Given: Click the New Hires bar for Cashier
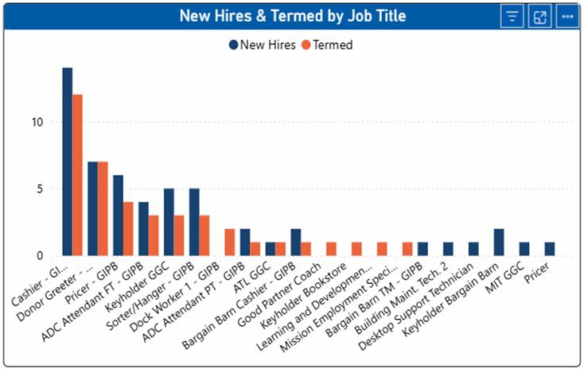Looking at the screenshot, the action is click(x=68, y=161).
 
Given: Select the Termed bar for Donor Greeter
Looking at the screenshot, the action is click(x=103, y=209).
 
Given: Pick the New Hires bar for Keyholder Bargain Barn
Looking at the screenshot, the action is click(x=499, y=243).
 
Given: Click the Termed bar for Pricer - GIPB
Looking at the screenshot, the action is click(x=128, y=229).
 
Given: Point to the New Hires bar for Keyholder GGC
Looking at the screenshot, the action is click(x=169, y=223).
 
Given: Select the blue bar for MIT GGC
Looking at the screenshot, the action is click(x=524, y=249).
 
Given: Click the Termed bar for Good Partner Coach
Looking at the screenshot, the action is click(x=331, y=249).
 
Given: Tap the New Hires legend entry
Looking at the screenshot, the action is click(x=263, y=45).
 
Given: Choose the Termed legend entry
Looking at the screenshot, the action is click(x=327, y=45).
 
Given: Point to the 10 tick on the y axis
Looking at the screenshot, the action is click(x=37, y=122).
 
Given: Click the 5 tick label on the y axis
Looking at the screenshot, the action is click(x=41, y=189).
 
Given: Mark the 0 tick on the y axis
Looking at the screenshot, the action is click(x=41, y=256).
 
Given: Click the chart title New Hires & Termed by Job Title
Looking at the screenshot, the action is click(x=293, y=16).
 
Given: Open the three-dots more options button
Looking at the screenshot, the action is click(x=567, y=17).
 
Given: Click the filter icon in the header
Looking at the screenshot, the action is click(x=512, y=17).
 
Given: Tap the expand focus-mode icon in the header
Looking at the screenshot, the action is click(x=539, y=17).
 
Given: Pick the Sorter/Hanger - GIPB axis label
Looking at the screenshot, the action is click(x=150, y=296).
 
